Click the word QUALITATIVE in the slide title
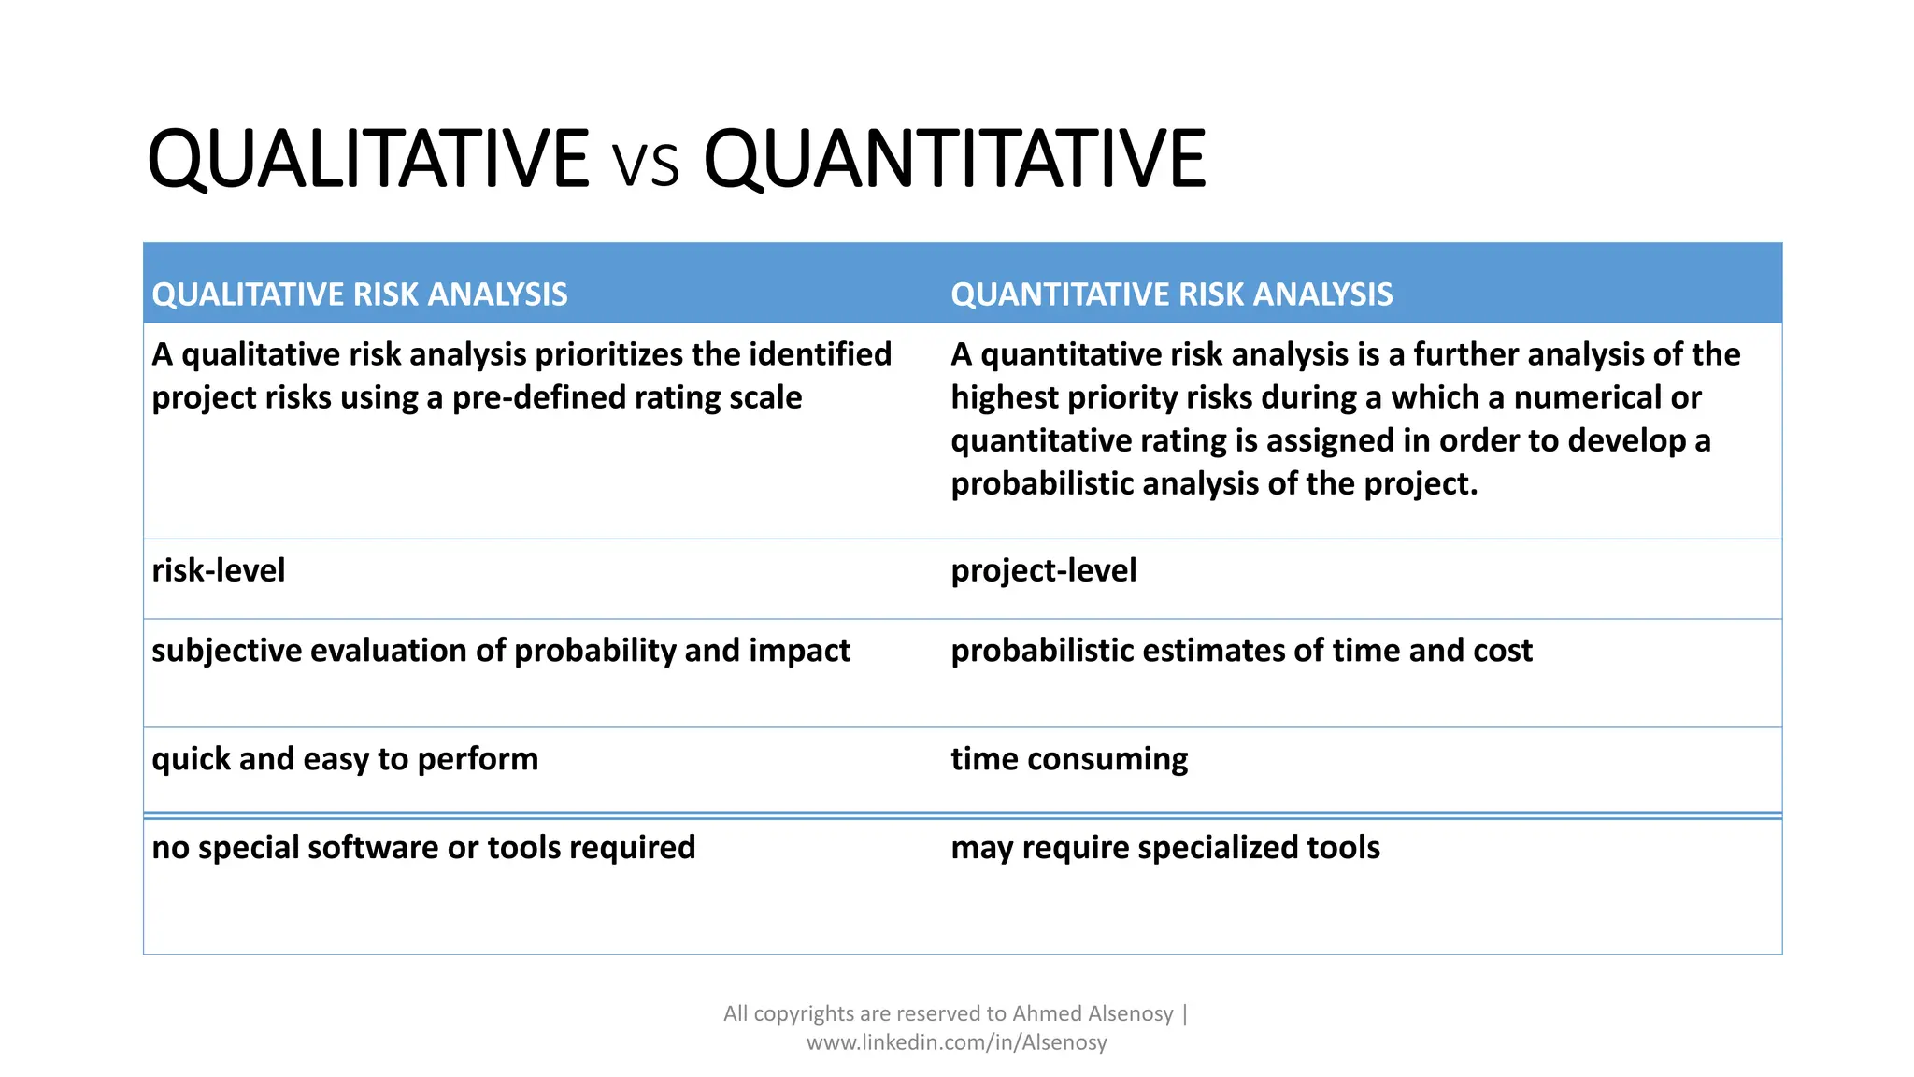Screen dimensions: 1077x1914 coord(367,159)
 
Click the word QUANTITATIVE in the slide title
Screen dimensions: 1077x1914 coord(954,159)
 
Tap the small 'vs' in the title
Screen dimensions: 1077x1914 coord(646,165)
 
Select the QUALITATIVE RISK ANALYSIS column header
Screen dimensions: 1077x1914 coord(360,294)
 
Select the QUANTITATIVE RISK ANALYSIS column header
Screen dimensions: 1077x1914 coord(1171,294)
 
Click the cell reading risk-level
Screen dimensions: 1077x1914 coord(218,570)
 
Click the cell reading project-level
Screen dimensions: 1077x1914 coord(1043,570)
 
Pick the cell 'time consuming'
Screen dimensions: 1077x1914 coord(1069,759)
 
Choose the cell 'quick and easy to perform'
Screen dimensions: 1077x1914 coord(345,759)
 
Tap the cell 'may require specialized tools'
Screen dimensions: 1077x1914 coord(1164,848)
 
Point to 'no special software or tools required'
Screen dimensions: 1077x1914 coord(423,848)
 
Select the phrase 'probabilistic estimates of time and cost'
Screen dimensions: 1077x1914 coord(1241,651)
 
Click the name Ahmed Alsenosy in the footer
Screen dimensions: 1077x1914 coord(1093,1013)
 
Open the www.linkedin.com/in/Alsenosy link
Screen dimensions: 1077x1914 coord(956,1042)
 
